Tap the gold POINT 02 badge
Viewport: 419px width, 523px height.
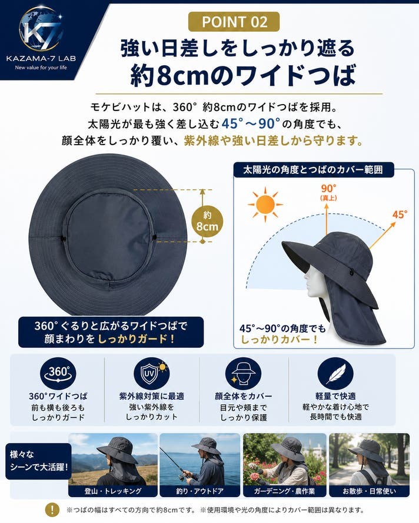point(234,22)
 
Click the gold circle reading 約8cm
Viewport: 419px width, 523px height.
point(207,221)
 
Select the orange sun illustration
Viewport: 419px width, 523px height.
point(265,204)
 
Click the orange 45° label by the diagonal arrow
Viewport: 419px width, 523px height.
point(400,214)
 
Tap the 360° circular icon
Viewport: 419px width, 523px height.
point(58,373)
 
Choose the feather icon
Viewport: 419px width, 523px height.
point(335,374)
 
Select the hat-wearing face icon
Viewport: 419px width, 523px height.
point(243,374)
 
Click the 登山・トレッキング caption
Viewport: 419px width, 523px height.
point(113,491)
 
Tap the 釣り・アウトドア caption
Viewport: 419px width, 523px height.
point(200,491)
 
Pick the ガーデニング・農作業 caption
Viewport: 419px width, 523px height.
point(285,491)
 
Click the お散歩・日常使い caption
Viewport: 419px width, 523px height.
point(369,491)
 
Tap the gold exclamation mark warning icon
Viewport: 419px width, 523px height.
point(52,509)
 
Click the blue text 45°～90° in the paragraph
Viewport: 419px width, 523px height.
point(251,124)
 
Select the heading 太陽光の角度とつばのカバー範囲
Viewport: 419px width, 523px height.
point(313,170)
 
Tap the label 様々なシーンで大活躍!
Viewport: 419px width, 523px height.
point(39,461)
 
